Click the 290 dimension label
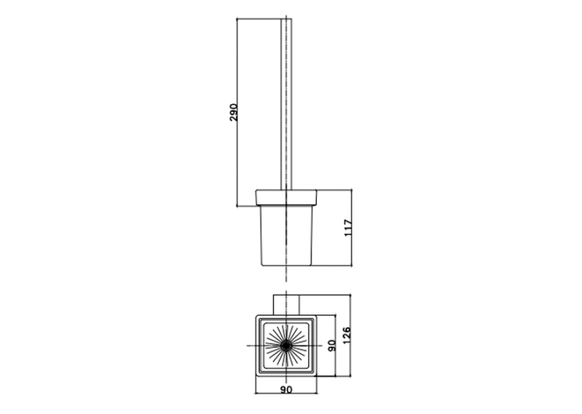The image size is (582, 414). (x=233, y=112)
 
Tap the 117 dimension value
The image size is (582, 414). (x=348, y=228)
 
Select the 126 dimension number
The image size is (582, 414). (x=346, y=335)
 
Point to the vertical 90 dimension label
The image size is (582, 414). (x=332, y=346)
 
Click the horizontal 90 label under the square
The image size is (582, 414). (x=286, y=390)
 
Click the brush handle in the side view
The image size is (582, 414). (x=286, y=104)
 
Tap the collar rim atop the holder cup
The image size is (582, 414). (x=286, y=198)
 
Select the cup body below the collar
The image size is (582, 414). (x=286, y=235)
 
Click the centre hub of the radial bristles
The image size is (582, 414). (x=286, y=346)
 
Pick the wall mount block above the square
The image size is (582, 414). (x=286, y=305)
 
